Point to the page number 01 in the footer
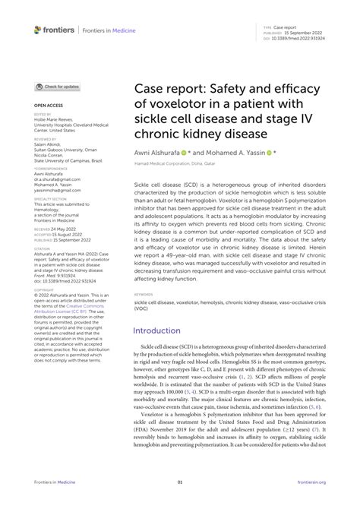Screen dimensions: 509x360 coord(180,482)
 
